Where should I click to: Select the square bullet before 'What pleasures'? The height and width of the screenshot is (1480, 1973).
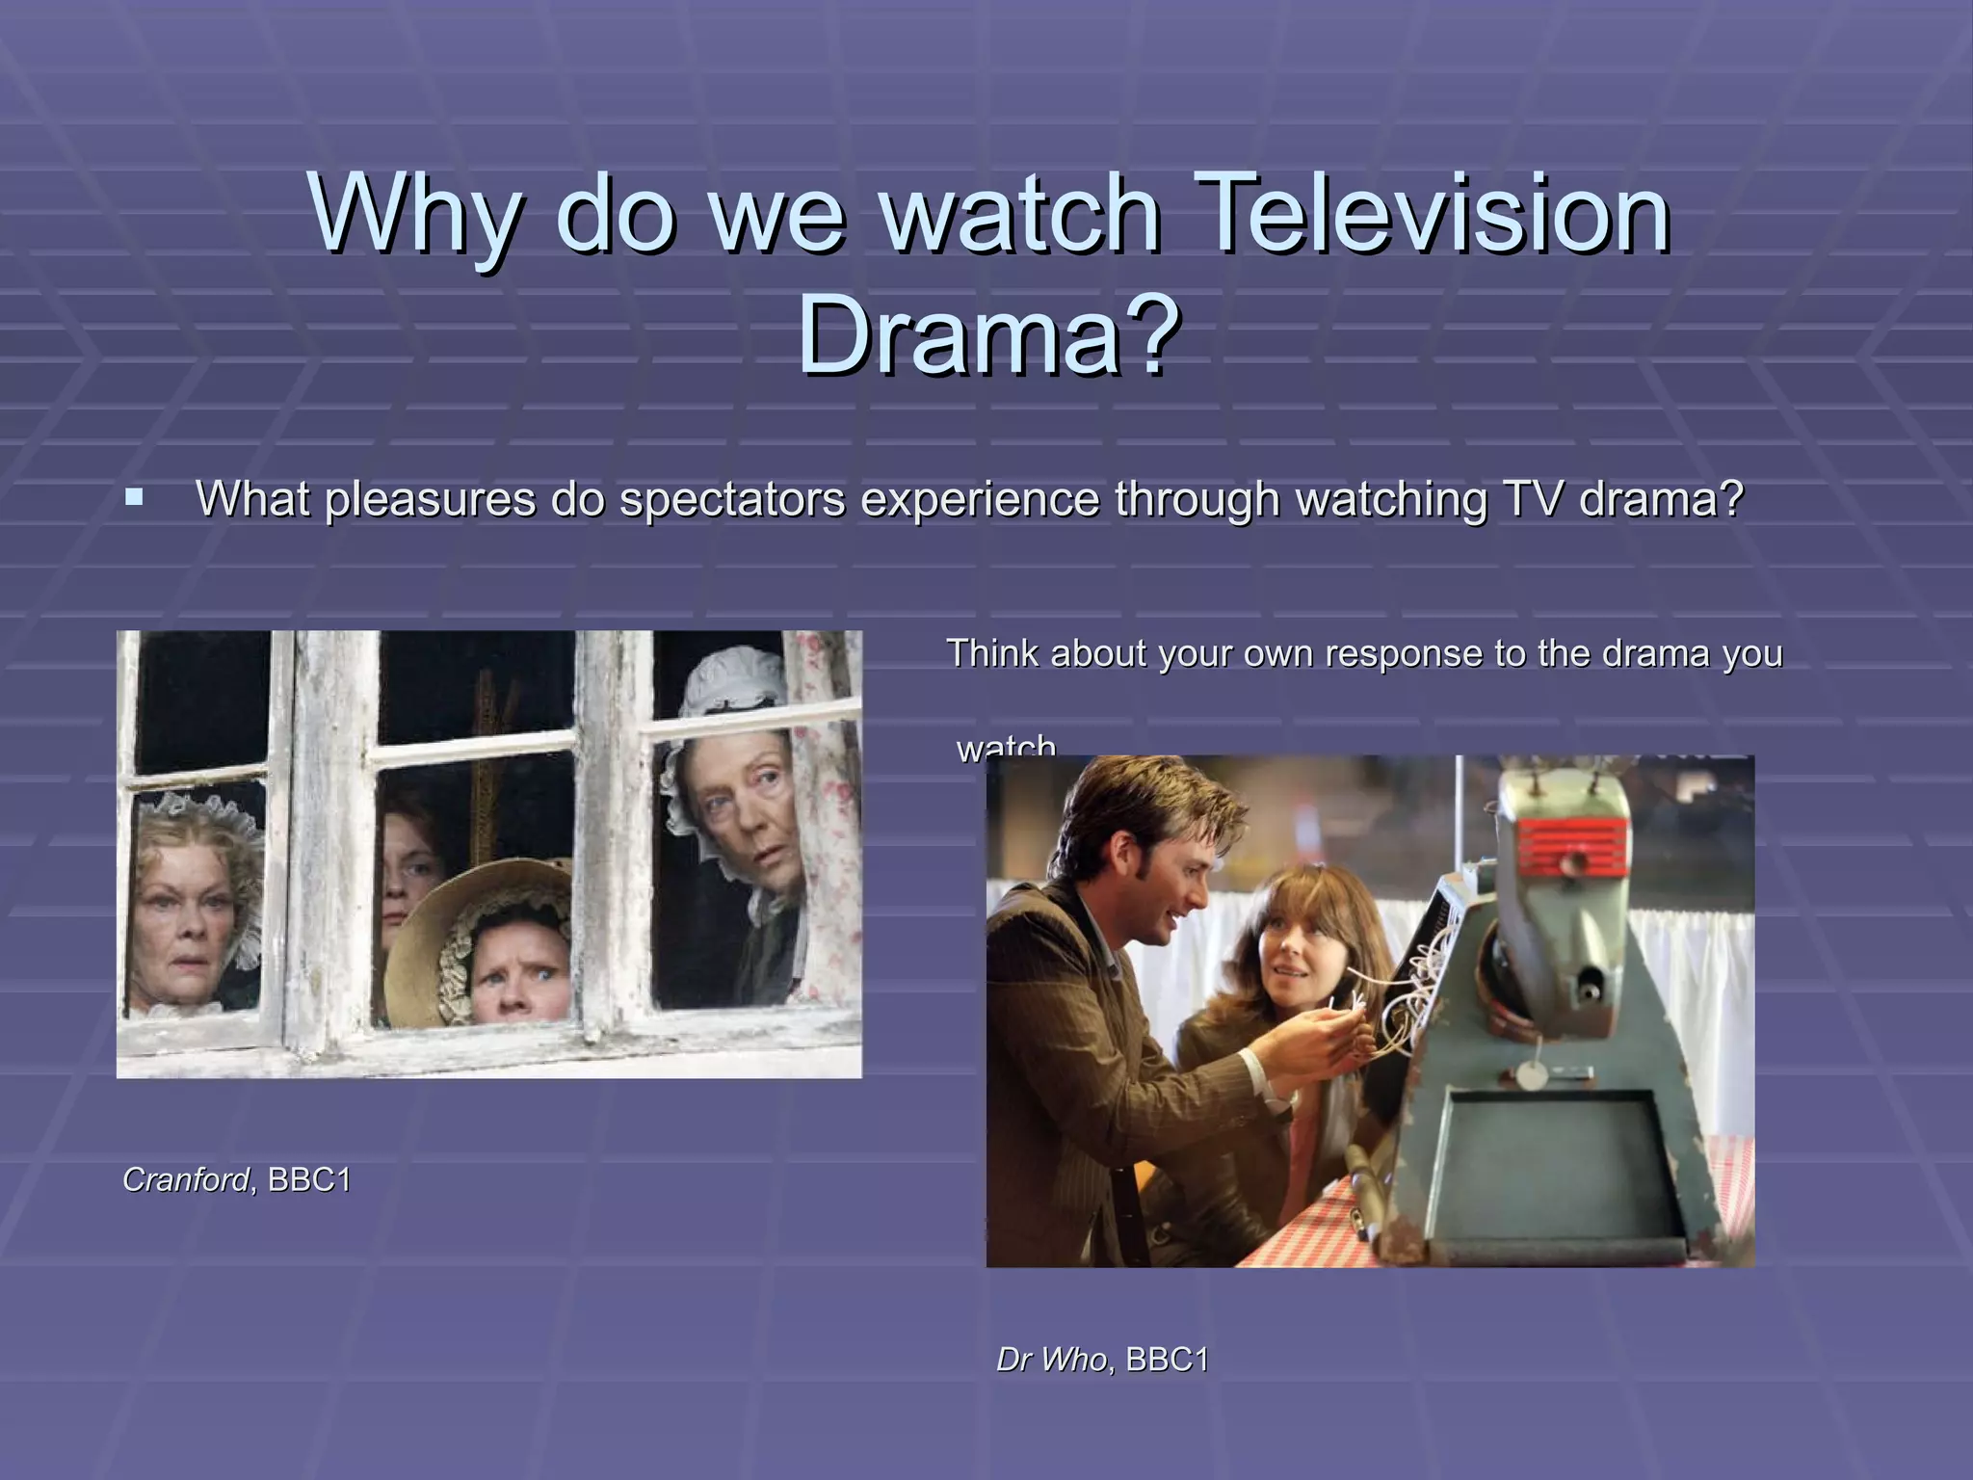(135, 498)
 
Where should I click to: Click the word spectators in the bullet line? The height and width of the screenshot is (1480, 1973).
(732, 498)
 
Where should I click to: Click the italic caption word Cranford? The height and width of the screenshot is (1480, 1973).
(186, 1179)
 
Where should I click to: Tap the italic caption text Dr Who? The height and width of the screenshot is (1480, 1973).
(1051, 1360)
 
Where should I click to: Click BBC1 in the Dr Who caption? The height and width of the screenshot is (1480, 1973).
(1167, 1360)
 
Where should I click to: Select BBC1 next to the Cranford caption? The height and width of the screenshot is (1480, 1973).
(309, 1179)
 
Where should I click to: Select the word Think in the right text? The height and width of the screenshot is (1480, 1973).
(993, 653)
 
